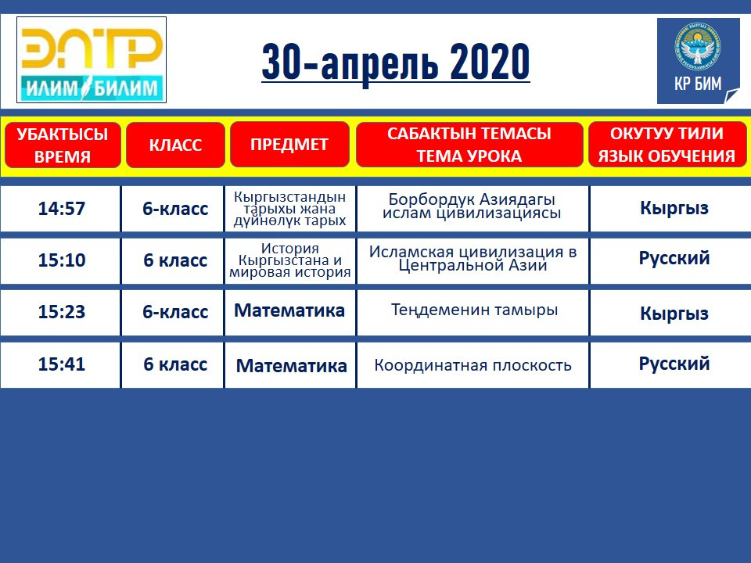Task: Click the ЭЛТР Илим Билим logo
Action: click(x=92, y=60)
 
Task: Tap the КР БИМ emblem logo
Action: click(x=699, y=61)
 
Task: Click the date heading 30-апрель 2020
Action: click(x=396, y=62)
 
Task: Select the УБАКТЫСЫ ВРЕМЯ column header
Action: click(x=63, y=145)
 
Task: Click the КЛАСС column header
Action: click(x=175, y=145)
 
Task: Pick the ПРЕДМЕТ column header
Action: click(x=289, y=144)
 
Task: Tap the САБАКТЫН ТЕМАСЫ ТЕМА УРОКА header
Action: click(x=469, y=144)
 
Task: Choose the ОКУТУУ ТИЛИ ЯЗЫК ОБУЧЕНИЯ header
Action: click(x=667, y=144)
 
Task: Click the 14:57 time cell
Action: click(x=62, y=209)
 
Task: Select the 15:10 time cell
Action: click(x=62, y=260)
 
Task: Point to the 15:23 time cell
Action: click(x=62, y=312)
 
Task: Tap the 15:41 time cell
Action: click(x=62, y=364)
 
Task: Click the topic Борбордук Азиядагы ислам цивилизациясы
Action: click(x=472, y=206)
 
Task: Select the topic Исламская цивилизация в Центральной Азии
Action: click(x=473, y=259)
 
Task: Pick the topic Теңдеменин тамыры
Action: click(x=474, y=310)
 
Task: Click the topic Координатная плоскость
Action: click(x=473, y=365)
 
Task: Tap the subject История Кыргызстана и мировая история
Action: click(x=289, y=260)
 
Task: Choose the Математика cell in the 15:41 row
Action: click(x=291, y=366)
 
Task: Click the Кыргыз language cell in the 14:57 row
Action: click(x=674, y=208)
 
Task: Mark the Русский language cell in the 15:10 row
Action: click(x=674, y=259)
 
